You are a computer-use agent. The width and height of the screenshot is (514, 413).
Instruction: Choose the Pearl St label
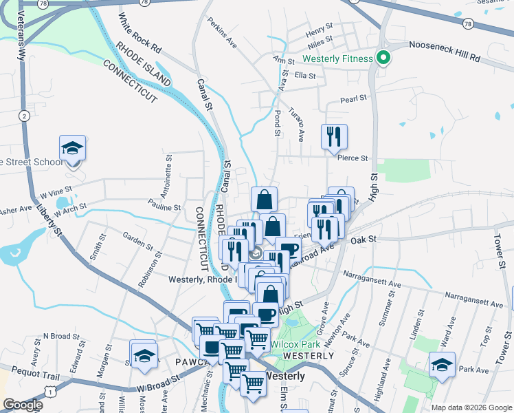pos(354,99)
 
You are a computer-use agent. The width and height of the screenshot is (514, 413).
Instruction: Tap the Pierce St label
pos(353,158)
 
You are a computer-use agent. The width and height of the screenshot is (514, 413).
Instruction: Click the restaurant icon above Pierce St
pos(335,136)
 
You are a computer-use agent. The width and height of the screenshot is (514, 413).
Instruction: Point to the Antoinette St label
pos(168,174)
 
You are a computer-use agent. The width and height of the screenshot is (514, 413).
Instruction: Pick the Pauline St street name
pos(164,206)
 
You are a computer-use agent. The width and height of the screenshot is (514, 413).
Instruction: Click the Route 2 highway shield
pos(24,116)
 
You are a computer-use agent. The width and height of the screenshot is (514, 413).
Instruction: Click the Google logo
pos(24,405)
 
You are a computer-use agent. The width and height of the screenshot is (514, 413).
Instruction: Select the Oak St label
pos(364,240)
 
